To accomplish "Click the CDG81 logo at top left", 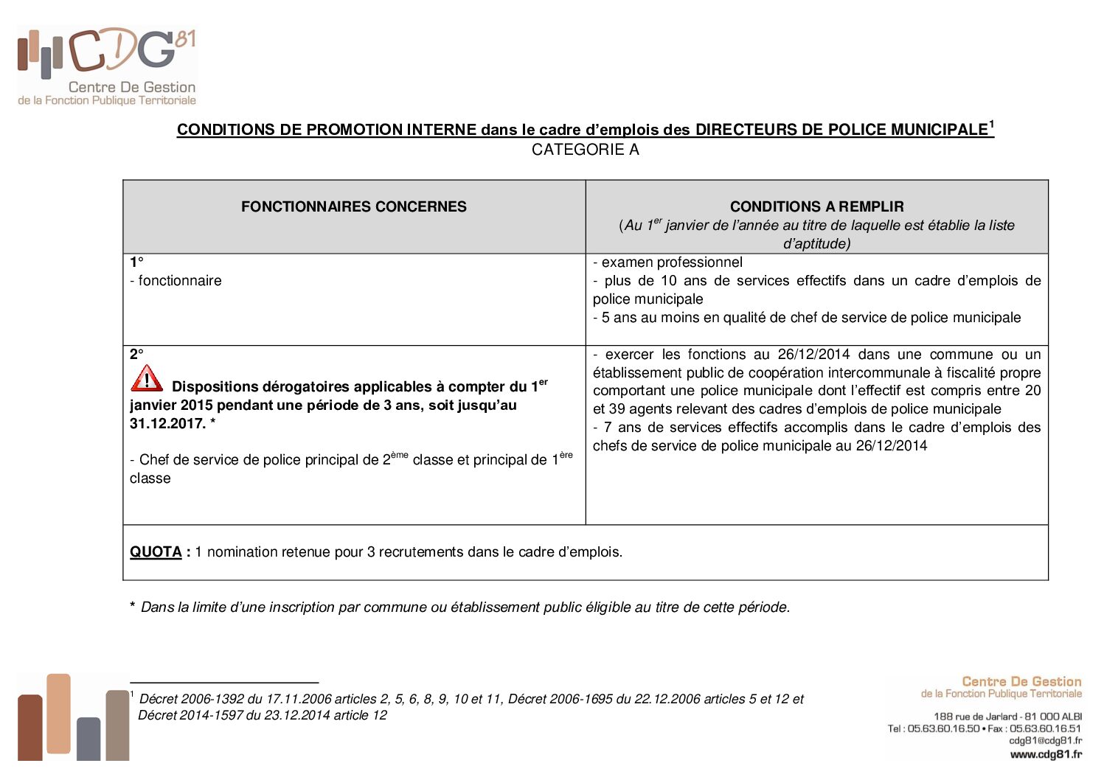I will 107,66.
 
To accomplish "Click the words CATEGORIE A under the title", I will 585,150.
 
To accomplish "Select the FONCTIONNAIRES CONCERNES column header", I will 354,207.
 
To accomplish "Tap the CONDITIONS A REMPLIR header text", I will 816,207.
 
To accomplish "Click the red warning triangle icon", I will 147,379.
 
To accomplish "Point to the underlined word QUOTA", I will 156,552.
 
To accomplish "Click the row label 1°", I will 136,262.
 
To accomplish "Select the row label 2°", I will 136,355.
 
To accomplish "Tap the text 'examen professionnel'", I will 672,262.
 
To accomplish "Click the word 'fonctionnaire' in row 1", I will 180,281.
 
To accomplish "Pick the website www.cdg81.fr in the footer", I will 1045,754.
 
